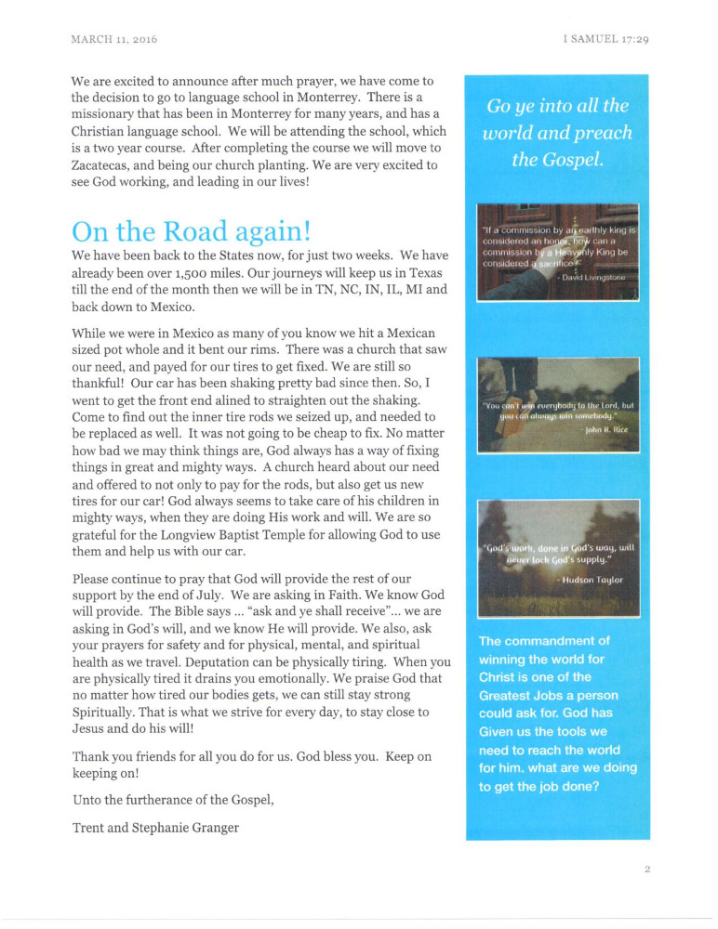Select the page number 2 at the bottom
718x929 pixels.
tap(646, 870)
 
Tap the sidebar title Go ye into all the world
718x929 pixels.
tap(558, 132)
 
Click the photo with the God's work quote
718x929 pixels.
tap(557, 558)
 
